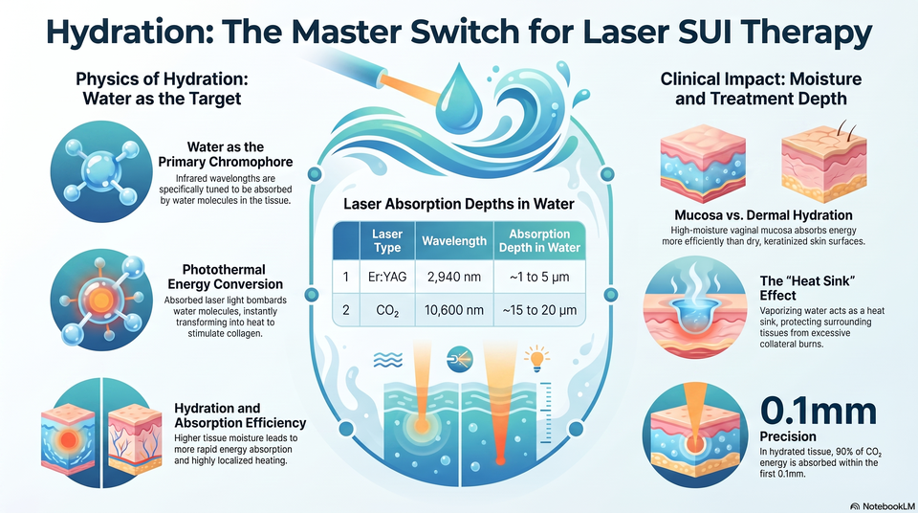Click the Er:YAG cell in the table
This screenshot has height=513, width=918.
click(387, 277)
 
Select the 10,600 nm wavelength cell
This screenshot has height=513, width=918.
click(454, 309)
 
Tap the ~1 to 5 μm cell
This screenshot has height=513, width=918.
click(539, 277)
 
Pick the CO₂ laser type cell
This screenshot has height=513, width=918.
click(387, 310)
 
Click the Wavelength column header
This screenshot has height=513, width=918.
click(454, 241)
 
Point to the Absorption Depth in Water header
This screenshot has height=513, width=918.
click(539, 241)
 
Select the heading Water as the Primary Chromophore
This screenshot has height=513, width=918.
click(226, 154)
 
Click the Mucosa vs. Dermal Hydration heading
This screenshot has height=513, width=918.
click(763, 215)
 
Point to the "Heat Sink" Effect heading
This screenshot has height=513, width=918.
click(807, 288)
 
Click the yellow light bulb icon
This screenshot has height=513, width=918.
click(536, 358)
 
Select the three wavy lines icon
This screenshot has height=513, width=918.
click(387, 360)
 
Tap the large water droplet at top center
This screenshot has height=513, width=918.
click(461, 95)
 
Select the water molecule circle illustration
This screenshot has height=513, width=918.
click(101, 171)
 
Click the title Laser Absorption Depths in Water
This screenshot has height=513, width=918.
click(459, 204)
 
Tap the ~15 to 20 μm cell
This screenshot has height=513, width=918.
click(539, 309)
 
